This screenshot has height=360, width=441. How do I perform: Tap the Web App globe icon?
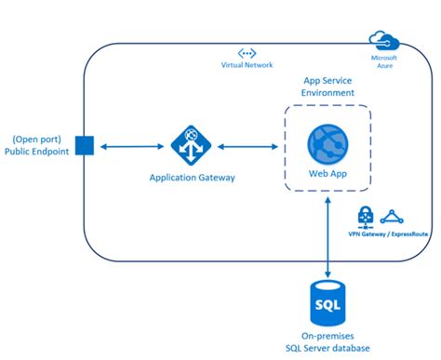(327, 145)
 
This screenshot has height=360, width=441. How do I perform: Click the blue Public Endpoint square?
(82, 146)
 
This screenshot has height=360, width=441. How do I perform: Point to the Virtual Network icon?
(247, 55)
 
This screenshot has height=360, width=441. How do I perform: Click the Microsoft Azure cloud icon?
(382, 39)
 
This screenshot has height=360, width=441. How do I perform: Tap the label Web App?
(327, 174)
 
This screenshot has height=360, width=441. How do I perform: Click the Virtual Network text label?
(247, 67)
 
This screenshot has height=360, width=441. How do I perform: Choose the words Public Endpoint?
(37, 152)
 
